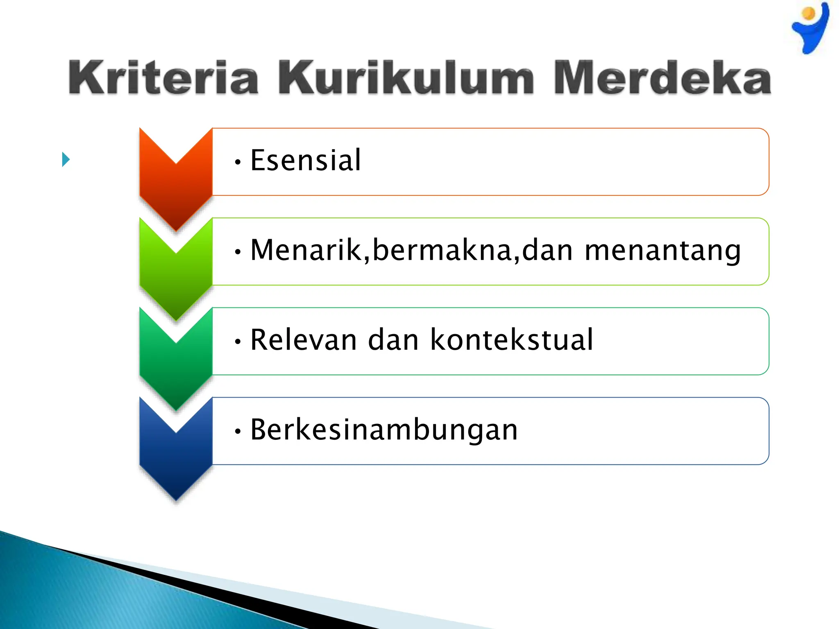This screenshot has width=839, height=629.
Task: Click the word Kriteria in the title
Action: [x=163, y=78]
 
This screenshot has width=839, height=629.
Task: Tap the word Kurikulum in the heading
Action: [x=406, y=78]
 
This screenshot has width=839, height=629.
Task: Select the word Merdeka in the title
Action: [x=662, y=78]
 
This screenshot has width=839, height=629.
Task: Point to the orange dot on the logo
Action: [x=809, y=14]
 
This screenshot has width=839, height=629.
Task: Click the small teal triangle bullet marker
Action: [x=66, y=159]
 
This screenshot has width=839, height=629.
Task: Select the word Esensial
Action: [x=306, y=160]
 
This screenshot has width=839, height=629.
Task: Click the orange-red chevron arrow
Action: [x=176, y=184]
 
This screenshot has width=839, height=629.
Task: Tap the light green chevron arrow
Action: [x=176, y=274]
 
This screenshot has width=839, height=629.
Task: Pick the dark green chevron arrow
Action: [x=176, y=364]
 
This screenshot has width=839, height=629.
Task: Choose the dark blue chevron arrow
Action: [x=176, y=455]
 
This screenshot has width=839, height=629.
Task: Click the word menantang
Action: [x=662, y=251]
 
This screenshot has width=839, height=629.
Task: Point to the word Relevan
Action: [x=304, y=340]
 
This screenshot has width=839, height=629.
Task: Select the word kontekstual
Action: [x=512, y=340]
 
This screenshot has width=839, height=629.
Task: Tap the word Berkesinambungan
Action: [x=384, y=430]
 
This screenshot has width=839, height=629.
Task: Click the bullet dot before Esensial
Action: [x=238, y=162]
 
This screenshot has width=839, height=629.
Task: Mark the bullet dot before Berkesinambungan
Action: [x=238, y=431]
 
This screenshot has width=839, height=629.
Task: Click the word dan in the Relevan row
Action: [x=393, y=340]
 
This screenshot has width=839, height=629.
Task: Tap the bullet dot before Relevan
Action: [x=238, y=342]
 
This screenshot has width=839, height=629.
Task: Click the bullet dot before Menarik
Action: [x=238, y=252]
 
